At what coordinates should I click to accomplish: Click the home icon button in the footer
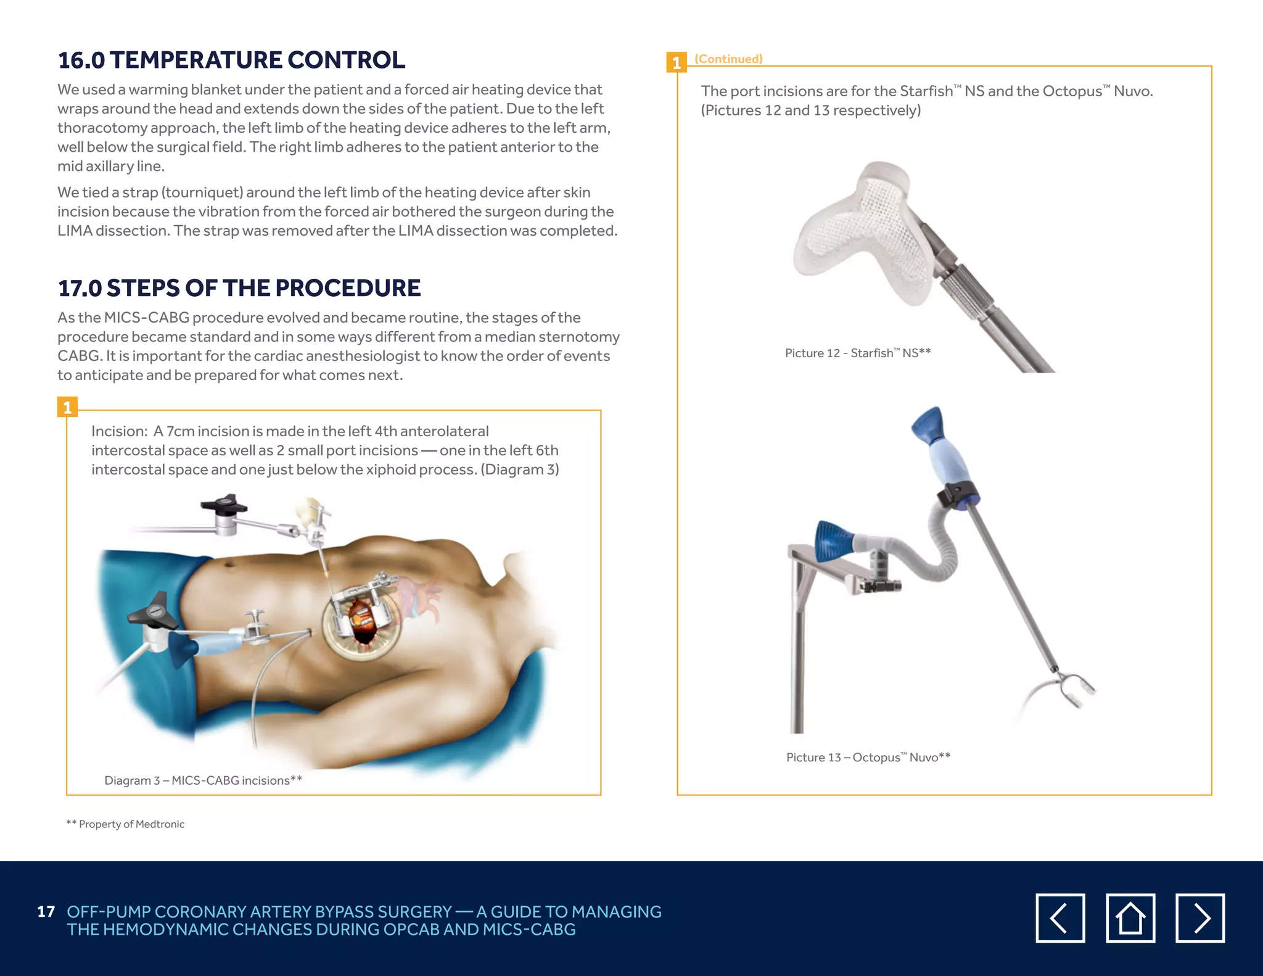coord(1130,918)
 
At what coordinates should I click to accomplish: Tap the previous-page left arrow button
coord(1060,918)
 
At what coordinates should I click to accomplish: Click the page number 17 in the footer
coord(46,912)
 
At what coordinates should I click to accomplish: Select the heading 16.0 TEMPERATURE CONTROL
coord(231,60)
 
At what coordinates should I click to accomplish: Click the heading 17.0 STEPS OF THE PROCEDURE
coord(239,288)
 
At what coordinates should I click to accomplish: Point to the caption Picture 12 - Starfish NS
coord(857,353)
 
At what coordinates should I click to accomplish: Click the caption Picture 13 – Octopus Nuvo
coord(868,757)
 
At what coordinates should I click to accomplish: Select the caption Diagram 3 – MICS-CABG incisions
coord(203,780)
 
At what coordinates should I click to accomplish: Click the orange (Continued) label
coord(728,59)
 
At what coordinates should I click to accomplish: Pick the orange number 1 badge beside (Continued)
coord(677,63)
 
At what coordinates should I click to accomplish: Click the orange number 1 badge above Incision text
coord(67,407)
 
